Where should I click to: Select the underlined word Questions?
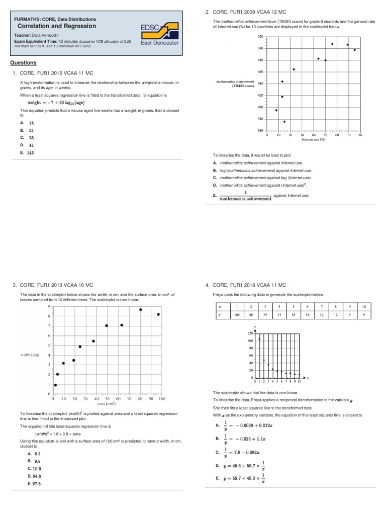(23, 63)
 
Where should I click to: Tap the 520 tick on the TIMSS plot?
(260, 37)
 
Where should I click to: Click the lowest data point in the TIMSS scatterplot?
(284, 122)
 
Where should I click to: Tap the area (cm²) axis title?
(107, 403)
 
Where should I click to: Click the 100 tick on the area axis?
(162, 399)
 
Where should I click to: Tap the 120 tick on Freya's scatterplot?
(250, 333)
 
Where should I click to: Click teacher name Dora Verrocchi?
(45, 35)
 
